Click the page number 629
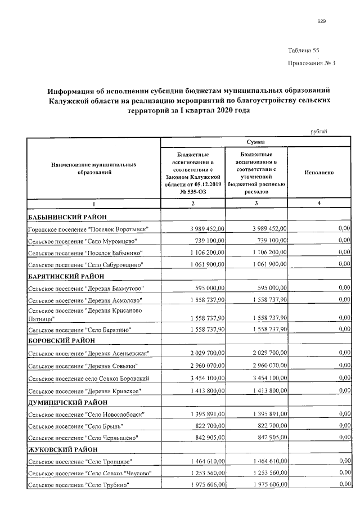pos(321,22)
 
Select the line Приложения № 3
pos(311,63)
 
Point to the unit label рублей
pos(319,132)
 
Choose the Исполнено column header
pos(319,173)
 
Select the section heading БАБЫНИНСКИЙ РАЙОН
pos(67,217)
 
